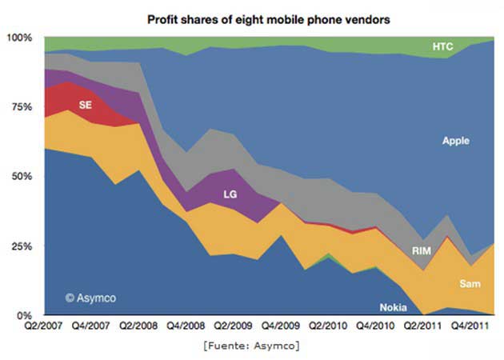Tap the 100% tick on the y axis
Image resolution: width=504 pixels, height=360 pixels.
[19, 38]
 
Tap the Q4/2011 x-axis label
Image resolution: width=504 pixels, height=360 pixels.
[466, 327]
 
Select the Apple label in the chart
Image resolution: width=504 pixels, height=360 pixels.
[455, 141]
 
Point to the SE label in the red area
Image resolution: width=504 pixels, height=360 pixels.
[86, 105]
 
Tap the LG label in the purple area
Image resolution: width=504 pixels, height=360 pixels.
[230, 193]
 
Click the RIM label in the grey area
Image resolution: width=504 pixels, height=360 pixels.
[422, 251]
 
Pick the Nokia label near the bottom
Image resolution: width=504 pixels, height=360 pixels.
[393, 307]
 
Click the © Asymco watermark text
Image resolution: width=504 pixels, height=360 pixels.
[93, 298]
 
